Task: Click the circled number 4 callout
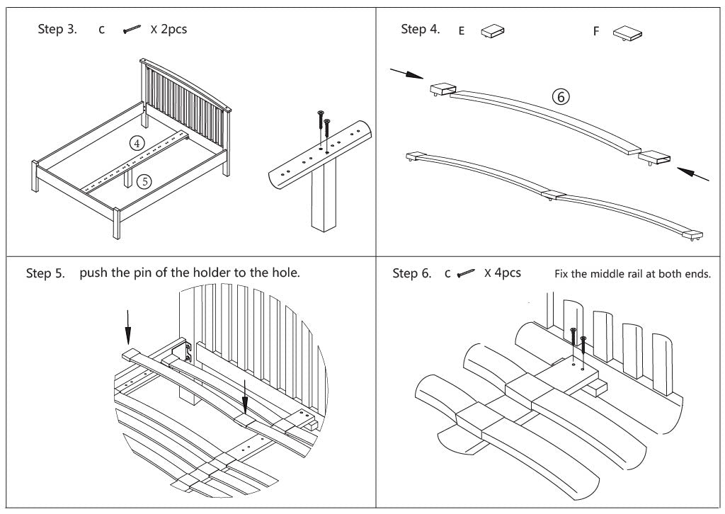[138, 143]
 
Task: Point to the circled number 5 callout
[144, 181]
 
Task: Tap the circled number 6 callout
[561, 97]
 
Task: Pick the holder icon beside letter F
[627, 33]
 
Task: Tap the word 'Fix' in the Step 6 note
[565, 275]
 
